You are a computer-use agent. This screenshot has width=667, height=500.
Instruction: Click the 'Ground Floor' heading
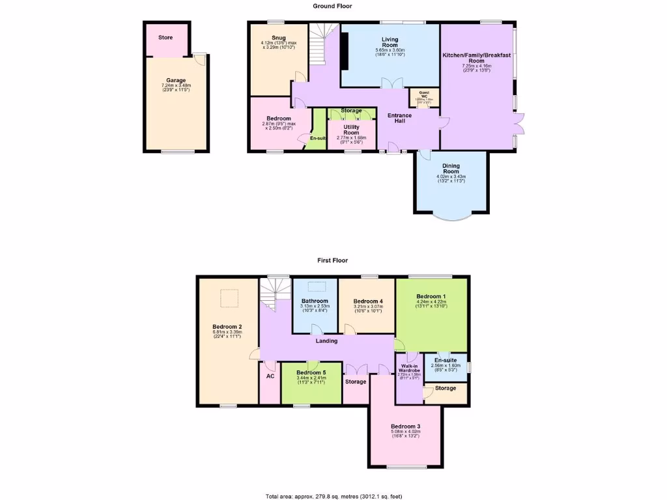[x=332, y=6]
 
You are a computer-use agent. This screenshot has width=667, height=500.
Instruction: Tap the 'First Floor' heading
[x=332, y=260]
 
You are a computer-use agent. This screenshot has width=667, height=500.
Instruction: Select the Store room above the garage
[x=166, y=38]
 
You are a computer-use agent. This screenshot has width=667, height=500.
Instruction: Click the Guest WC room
[x=424, y=97]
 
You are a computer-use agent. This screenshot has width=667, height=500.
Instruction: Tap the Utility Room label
[x=352, y=130]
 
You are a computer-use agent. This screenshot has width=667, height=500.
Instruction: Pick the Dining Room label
[x=451, y=169]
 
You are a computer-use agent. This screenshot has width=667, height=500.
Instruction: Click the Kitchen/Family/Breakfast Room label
[x=476, y=59]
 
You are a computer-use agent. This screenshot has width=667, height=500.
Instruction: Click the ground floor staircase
[x=320, y=49]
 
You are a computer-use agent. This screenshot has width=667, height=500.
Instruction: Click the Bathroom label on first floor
[x=315, y=301]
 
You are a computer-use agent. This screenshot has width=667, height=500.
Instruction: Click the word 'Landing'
[x=326, y=340]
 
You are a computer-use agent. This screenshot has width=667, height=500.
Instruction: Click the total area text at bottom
[x=333, y=495]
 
